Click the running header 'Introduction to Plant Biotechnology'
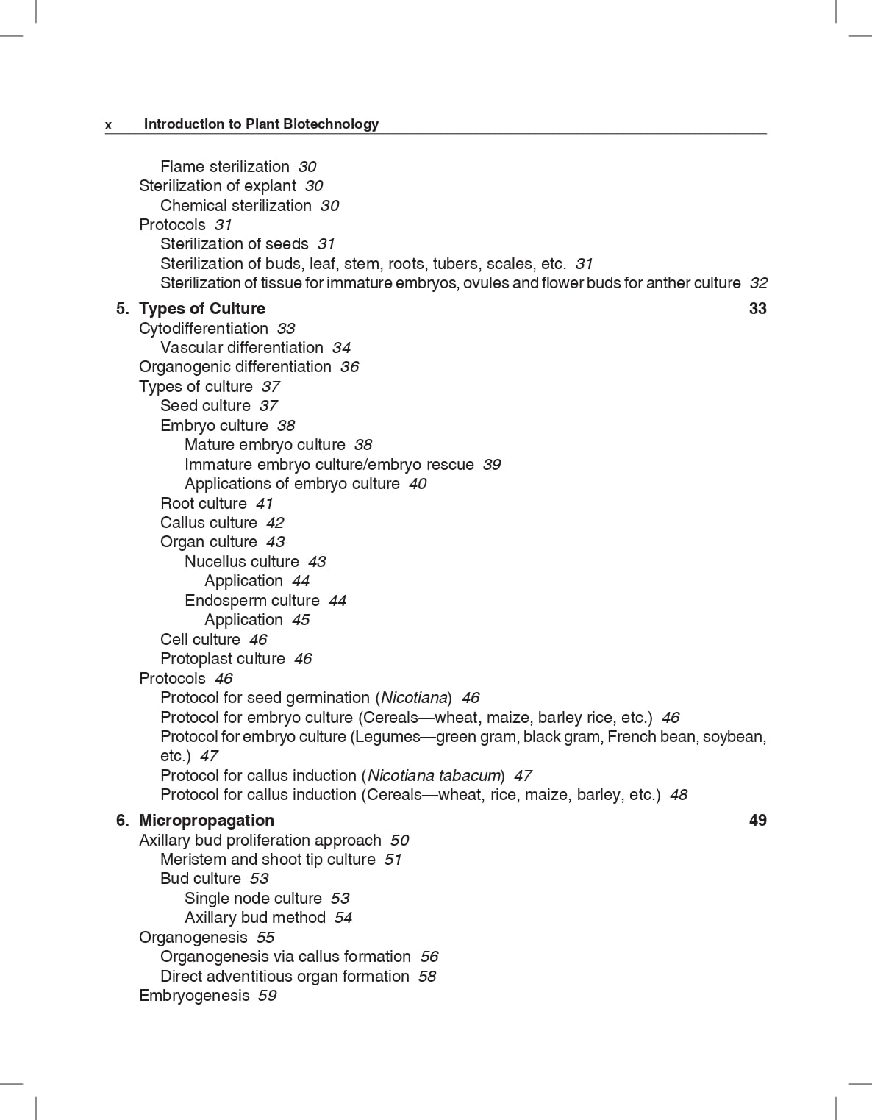point(261,124)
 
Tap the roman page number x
point(109,125)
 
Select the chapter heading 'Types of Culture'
point(202,309)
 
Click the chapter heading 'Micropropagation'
point(207,821)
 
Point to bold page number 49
point(757,821)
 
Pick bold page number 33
point(757,309)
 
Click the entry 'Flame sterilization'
point(225,167)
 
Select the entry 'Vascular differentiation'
point(242,348)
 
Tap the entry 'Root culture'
point(204,504)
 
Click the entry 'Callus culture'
point(209,523)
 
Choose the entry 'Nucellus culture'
point(242,562)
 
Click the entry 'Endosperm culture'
point(252,601)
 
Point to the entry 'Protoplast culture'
point(223,659)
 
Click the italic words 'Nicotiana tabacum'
point(435,776)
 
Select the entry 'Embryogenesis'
point(194,996)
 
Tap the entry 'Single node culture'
point(253,899)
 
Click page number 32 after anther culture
point(758,283)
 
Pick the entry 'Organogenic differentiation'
point(235,367)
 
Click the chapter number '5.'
point(122,309)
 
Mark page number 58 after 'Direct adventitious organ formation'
point(426,977)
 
